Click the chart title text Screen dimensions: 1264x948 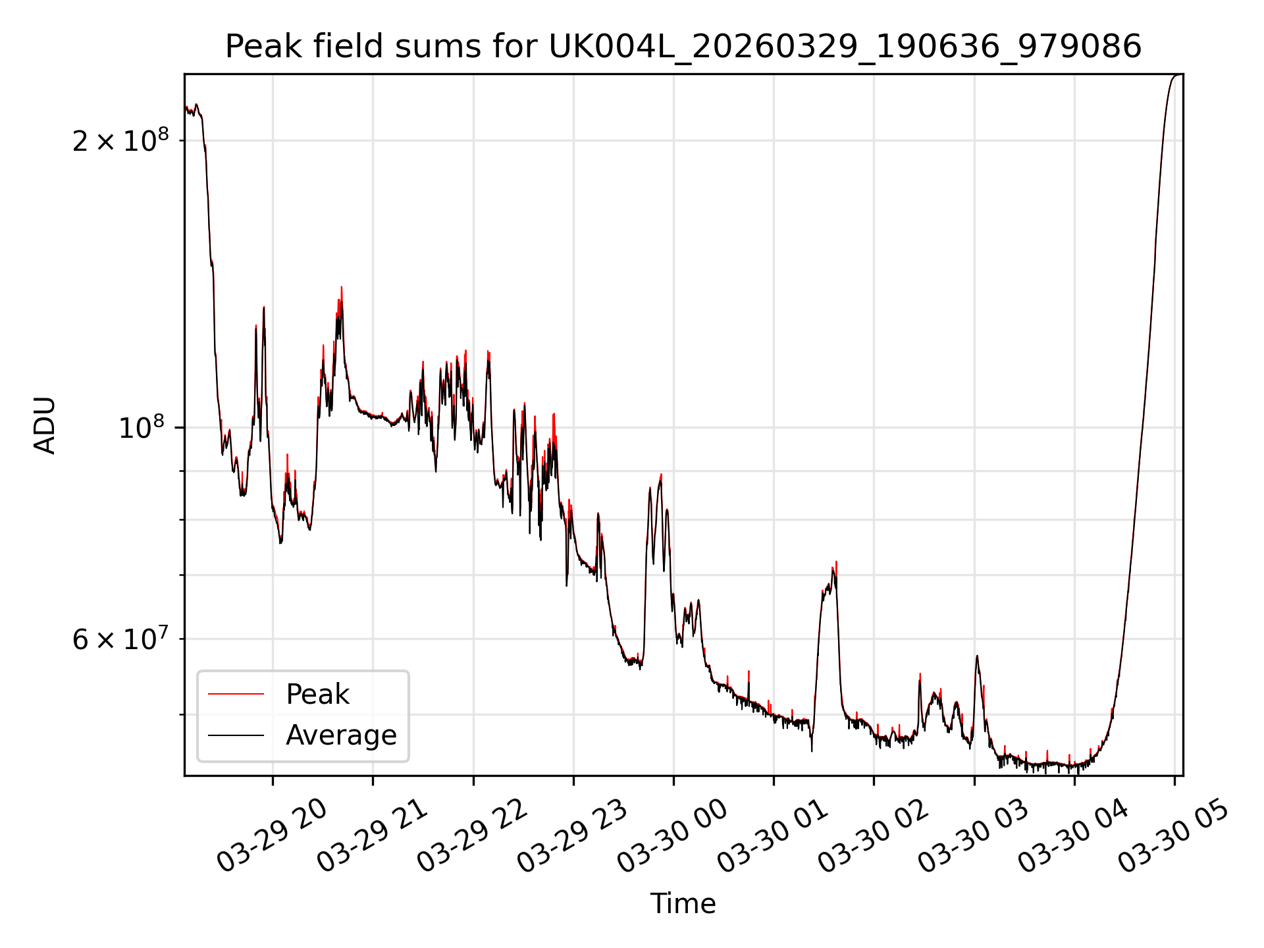[683, 47]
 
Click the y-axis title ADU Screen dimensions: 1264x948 [45, 425]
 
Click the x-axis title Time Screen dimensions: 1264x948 [683, 903]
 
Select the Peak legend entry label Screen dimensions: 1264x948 [317, 695]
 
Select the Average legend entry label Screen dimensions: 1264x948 [341, 735]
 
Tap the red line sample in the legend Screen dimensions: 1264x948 [236, 694]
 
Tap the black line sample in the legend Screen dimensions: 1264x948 [236, 735]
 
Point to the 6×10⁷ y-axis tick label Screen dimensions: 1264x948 [120, 638]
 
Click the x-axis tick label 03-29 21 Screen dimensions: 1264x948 [373, 837]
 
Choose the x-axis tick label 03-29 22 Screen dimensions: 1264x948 [473, 837]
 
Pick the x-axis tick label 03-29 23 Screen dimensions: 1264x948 [573, 837]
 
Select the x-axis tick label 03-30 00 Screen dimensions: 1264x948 [673, 837]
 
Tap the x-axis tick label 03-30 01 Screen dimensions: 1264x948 [773, 837]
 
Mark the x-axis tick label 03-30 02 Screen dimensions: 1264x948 [873, 837]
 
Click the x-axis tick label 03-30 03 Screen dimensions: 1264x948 [973, 837]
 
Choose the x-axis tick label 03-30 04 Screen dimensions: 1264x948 [1073, 837]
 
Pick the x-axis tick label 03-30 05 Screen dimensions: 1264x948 [1173, 837]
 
